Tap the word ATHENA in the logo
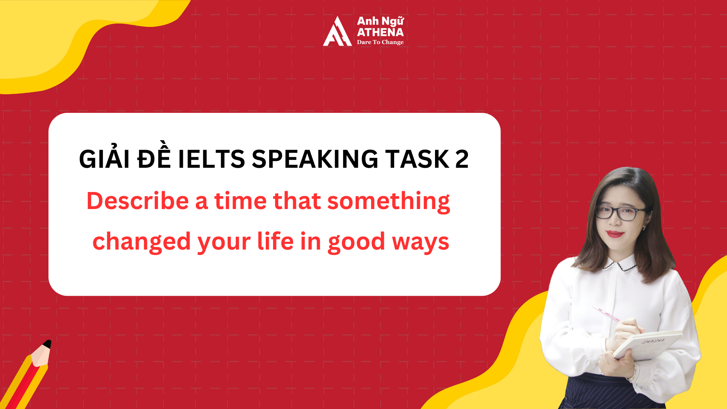(x=380, y=32)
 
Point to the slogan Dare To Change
(x=380, y=42)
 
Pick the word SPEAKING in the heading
(x=315, y=159)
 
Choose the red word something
(x=388, y=201)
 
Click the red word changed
(x=142, y=242)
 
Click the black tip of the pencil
(x=47, y=344)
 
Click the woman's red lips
(x=615, y=234)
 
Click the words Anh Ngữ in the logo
(x=380, y=21)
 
